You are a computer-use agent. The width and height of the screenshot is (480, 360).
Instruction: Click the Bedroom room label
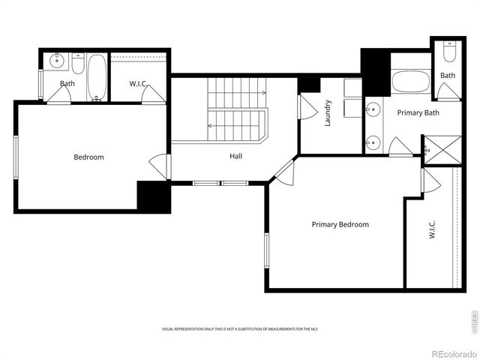88,157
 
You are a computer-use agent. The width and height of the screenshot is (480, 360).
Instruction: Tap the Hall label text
235,157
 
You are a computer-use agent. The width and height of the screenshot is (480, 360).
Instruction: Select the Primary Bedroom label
340,224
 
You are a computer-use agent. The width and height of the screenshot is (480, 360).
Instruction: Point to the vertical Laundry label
328,113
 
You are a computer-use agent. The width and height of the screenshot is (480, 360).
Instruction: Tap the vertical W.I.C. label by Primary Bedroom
433,229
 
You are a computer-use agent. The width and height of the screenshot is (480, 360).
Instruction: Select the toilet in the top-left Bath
78,61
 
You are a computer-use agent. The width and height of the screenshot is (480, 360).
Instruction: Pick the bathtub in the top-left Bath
97,76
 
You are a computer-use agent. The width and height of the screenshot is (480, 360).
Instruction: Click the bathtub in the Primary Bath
411,81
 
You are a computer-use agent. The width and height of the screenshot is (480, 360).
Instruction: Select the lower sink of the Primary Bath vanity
372,140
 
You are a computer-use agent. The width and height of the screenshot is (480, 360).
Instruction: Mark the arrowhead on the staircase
263,92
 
